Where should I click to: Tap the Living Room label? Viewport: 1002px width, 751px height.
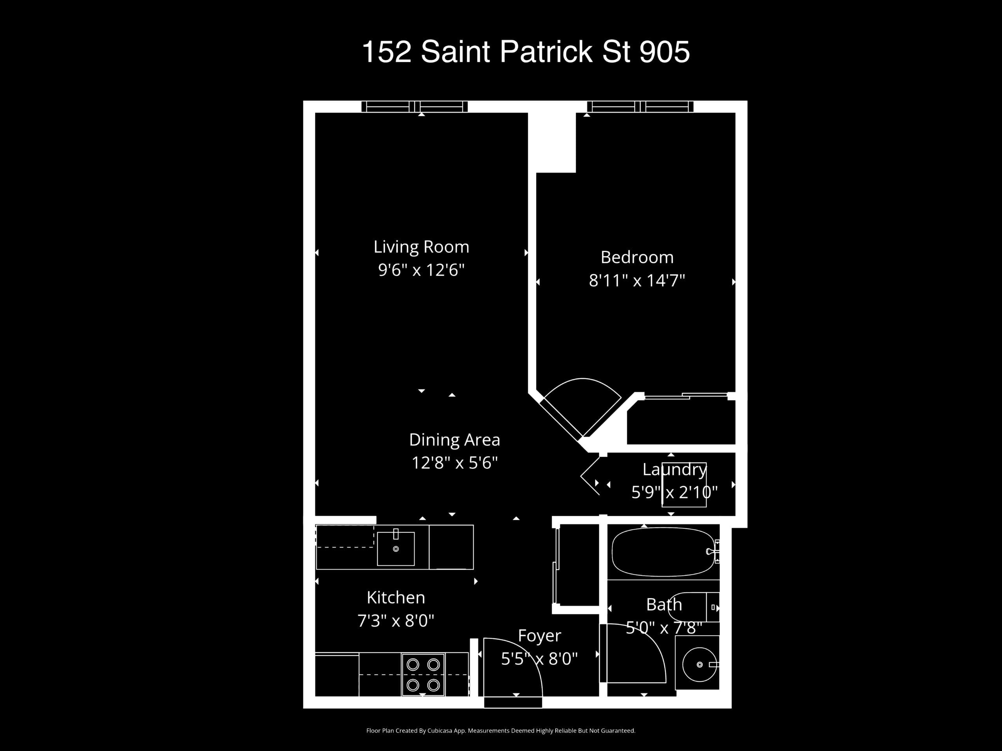421,247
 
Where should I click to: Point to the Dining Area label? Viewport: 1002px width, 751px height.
454,440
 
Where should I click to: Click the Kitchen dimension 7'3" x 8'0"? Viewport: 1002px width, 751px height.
396,621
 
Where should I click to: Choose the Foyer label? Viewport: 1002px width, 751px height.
539,636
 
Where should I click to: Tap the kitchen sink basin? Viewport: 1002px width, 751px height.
396,549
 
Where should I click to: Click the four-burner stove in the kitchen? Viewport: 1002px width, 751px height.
423,674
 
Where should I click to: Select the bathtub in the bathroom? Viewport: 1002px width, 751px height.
663,552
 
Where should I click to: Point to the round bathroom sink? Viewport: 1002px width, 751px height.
699,665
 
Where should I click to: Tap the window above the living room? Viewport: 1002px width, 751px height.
414,106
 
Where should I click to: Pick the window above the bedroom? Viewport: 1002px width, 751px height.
640,106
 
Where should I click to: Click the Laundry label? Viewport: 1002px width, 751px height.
674,470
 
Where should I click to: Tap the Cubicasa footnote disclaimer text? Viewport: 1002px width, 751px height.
501,731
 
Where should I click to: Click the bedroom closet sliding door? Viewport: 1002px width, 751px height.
686,396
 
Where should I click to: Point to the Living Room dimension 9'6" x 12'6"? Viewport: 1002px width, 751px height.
421,270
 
